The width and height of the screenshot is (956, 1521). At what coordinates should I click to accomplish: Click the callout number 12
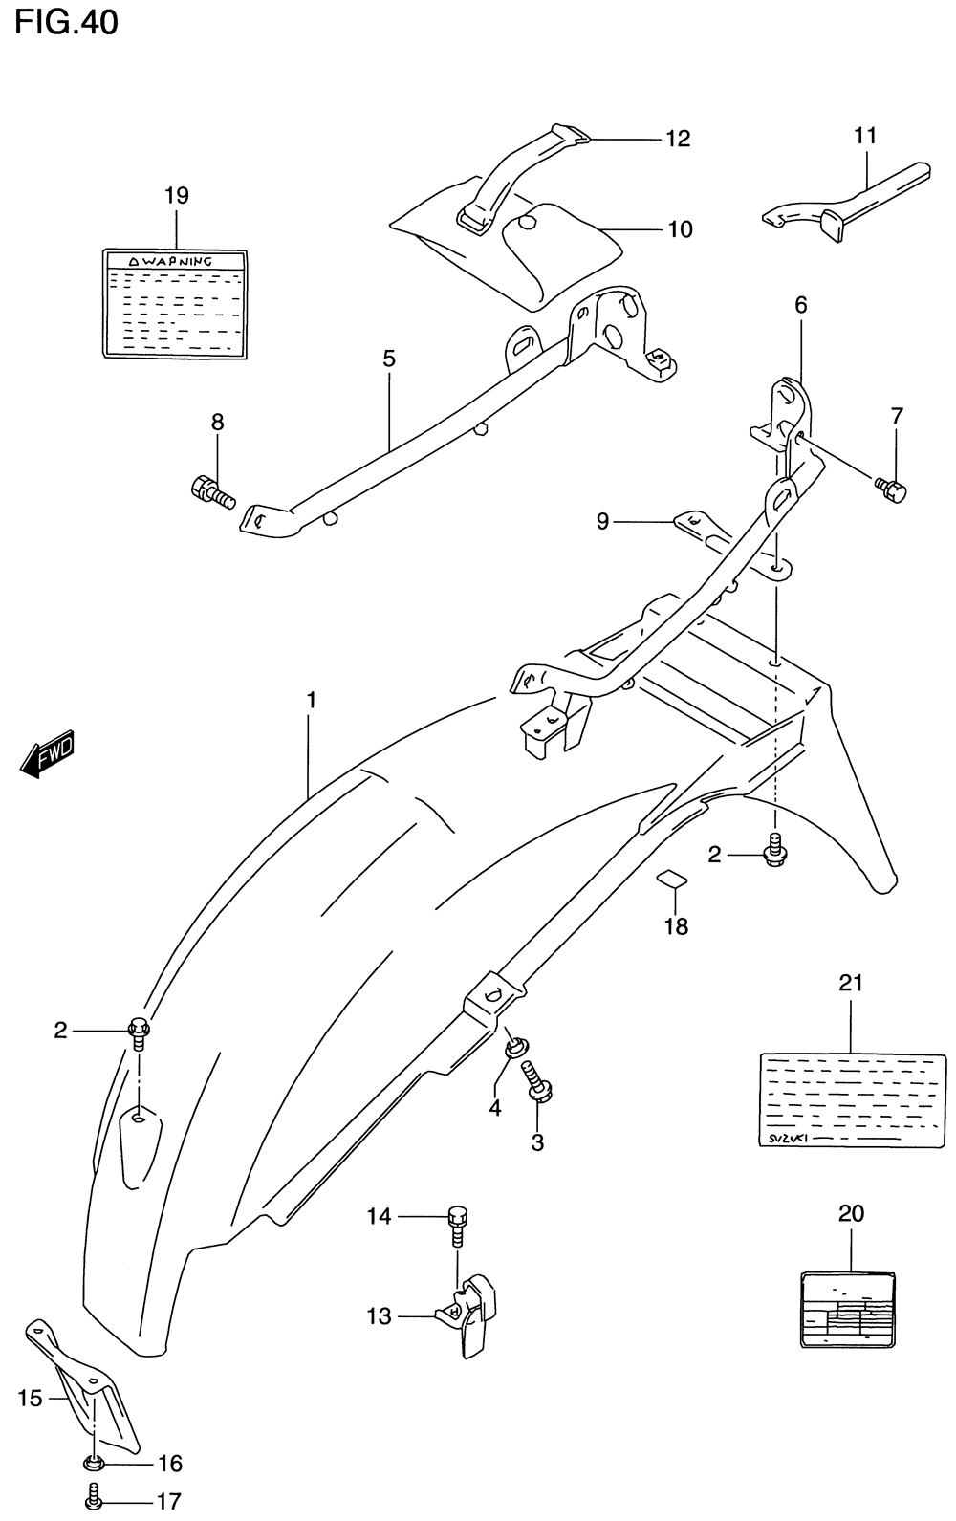(x=678, y=139)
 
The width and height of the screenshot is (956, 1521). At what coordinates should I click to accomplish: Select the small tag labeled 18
(x=672, y=879)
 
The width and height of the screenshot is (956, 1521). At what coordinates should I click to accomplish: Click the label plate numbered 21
(x=851, y=1099)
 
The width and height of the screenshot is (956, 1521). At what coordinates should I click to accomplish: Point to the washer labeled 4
(x=514, y=1048)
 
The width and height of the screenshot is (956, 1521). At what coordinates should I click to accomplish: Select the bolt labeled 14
(x=458, y=1223)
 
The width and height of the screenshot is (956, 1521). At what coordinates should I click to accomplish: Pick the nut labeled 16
(x=94, y=1462)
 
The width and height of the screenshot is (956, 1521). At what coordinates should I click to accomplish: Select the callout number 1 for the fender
(x=311, y=700)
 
